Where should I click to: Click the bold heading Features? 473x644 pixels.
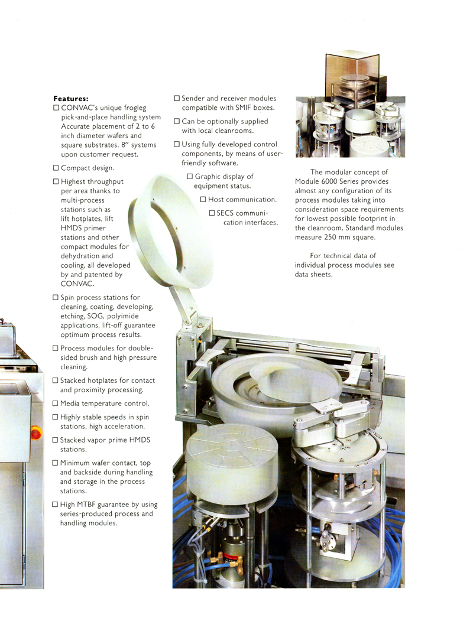[71, 99]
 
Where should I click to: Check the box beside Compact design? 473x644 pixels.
[56, 168]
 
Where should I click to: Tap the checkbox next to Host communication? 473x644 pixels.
[203, 200]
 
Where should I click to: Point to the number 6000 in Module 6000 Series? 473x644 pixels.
[329, 181]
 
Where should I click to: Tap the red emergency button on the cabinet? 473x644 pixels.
[35, 433]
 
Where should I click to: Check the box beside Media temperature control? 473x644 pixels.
[55, 404]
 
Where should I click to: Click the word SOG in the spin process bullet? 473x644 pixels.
[95, 316]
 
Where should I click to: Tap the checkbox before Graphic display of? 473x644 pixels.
[190, 177]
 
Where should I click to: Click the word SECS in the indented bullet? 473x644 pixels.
[225, 213]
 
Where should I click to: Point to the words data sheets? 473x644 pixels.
[313, 274]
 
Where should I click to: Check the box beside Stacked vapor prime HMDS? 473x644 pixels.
[55, 440]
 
